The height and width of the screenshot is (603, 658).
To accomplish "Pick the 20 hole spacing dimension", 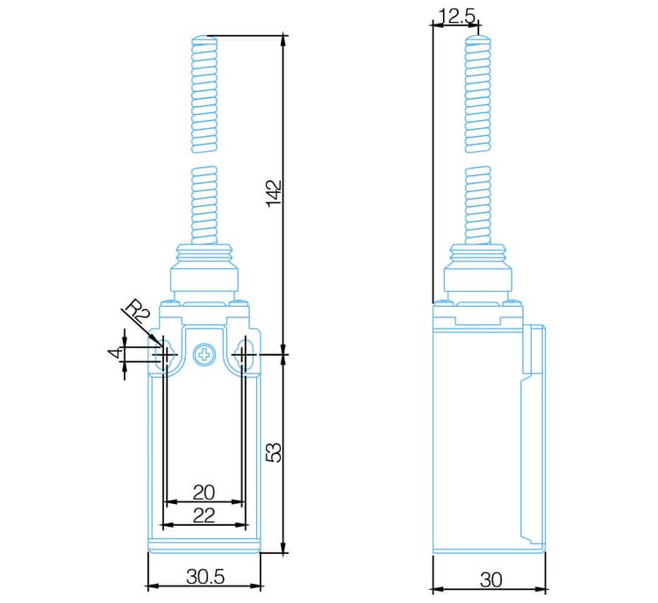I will coord(204,492).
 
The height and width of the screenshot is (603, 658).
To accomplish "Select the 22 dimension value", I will coord(204,515).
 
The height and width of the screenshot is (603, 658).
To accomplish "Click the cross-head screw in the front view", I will coord(204,354).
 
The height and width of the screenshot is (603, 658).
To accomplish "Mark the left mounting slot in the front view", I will coord(164,354).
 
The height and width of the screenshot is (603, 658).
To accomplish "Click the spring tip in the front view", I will coord(204,39).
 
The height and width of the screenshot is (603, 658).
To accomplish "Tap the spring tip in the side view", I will coord(476,39).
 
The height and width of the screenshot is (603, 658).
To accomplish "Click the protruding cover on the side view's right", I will coord(536,351).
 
